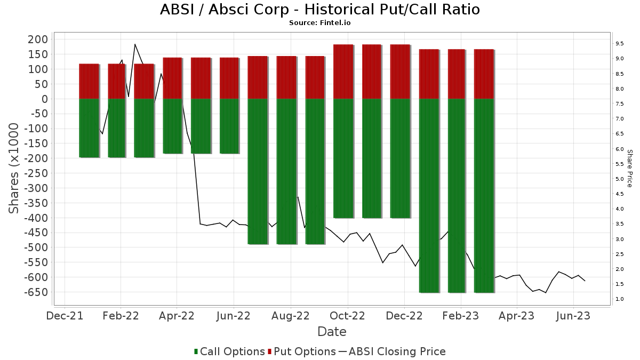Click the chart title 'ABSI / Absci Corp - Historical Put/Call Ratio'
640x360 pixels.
(319, 10)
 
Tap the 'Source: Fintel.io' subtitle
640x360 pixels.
(319, 23)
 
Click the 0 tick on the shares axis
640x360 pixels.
(45, 99)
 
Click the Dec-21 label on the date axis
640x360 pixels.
(65, 316)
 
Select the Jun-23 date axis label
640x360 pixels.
(573, 316)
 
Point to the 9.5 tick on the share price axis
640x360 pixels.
(620, 43)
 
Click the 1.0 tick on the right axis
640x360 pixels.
(620, 299)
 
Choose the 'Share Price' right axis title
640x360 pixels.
(629, 168)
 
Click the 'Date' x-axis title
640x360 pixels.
(332, 332)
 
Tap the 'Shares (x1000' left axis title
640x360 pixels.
(14, 168)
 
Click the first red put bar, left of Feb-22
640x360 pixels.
(89, 81)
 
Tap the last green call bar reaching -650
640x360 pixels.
(484, 196)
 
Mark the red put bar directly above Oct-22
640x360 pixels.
(343, 71)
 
